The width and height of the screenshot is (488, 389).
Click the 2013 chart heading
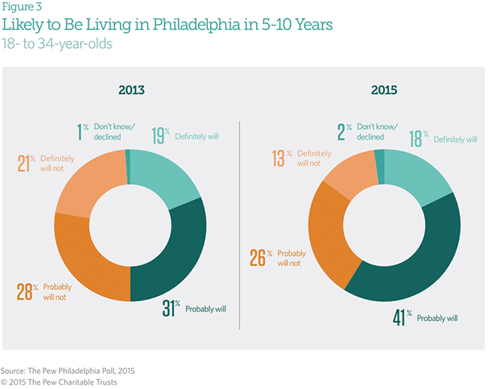[x=131, y=90]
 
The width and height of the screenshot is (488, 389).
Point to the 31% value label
[x=172, y=308]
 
